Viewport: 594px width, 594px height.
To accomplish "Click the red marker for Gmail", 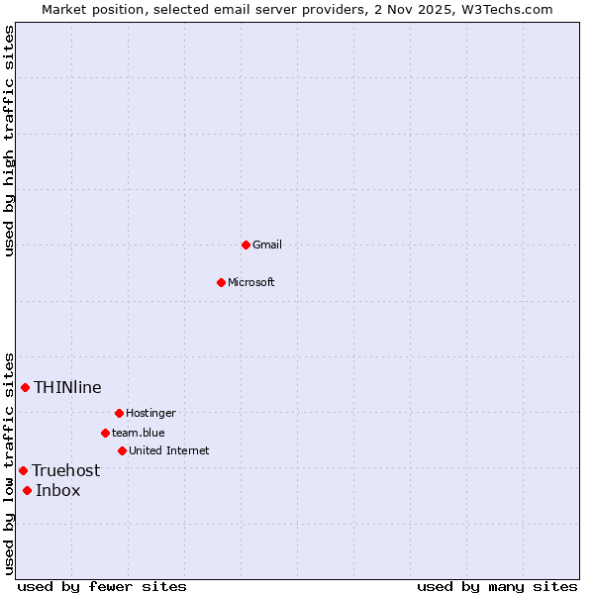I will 246,245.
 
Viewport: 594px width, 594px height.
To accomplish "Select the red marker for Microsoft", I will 222,282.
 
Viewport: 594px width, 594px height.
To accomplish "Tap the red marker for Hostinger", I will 119,413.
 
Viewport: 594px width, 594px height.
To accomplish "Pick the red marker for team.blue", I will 105,433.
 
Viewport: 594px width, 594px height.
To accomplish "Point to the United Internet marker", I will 122,450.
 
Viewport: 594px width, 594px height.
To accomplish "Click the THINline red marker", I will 25,387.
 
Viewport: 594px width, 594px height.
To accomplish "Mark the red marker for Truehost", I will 23,470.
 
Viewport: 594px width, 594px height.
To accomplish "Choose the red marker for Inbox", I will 27,490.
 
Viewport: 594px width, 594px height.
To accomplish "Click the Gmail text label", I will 267,245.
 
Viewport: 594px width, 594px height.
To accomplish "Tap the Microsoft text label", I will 251,282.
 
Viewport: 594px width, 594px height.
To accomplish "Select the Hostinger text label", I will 150,413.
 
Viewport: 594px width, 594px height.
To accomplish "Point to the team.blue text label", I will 139,433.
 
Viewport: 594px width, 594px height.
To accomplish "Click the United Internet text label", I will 169,450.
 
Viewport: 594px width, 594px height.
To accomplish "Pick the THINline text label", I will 67,387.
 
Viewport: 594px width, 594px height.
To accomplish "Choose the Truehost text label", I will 65,470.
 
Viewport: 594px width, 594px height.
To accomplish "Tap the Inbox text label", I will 58,490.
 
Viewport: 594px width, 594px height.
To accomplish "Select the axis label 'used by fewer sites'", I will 101,586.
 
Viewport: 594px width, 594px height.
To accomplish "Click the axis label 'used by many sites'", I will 497,586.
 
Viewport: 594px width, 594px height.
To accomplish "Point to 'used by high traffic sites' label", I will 9,141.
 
